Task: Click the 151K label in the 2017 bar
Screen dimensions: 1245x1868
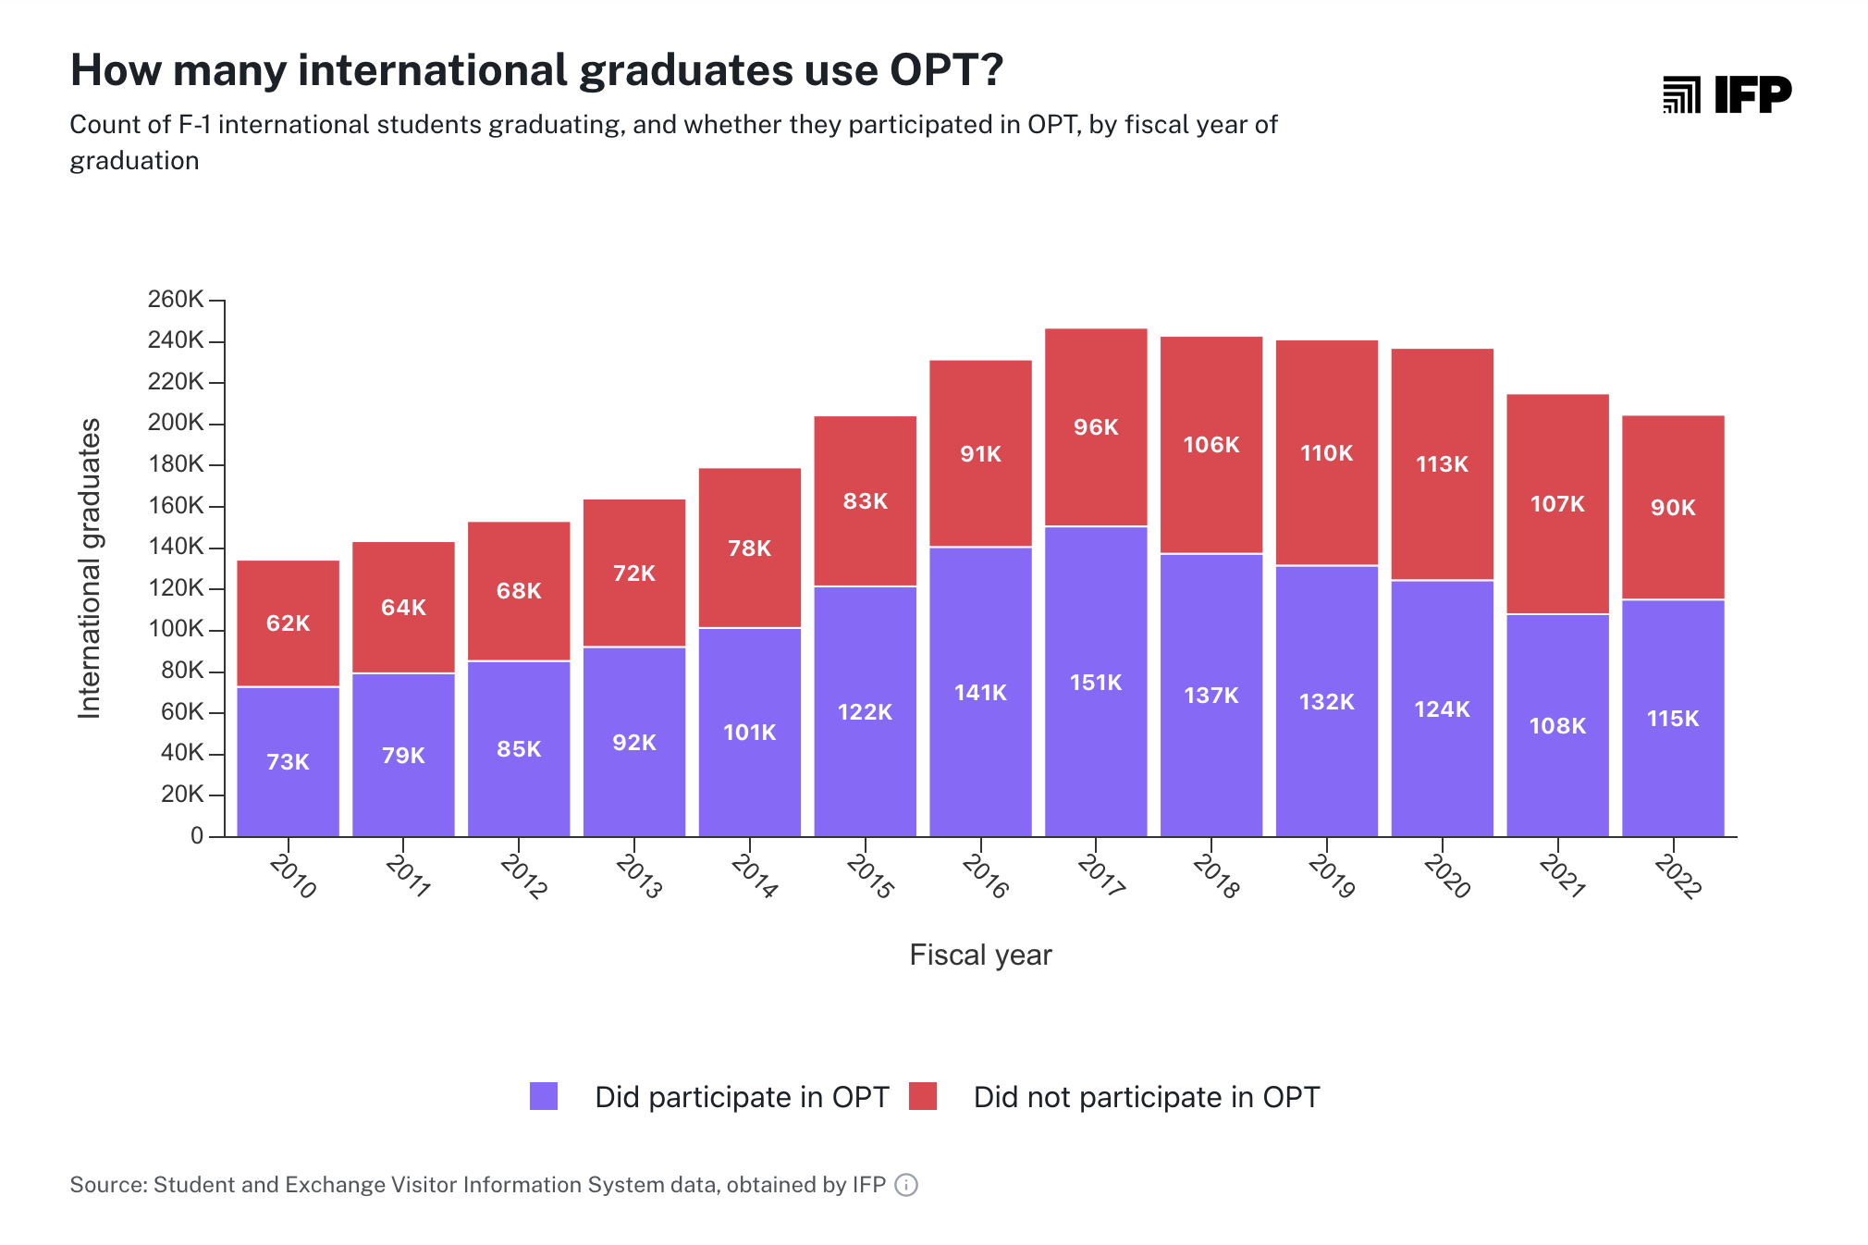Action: click(1095, 683)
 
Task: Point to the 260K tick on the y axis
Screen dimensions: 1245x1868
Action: click(176, 300)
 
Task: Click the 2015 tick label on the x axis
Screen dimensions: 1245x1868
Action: click(869, 876)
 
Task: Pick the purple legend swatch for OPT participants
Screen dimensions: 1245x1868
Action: click(544, 1096)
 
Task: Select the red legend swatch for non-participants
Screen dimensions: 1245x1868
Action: click(923, 1096)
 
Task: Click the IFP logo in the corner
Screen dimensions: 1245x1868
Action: click(1727, 94)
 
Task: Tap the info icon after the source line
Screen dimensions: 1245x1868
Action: click(906, 1185)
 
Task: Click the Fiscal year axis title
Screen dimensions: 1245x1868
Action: click(980, 955)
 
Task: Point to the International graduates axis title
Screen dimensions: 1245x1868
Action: click(90, 568)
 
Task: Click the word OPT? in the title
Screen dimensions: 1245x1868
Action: click(946, 70)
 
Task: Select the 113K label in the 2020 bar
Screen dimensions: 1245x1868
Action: click(1442, 464)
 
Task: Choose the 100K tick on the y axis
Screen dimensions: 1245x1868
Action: click(176, 629)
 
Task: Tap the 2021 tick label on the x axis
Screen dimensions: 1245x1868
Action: click(1562, 876)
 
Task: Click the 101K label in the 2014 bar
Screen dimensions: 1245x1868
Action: click(749, 733)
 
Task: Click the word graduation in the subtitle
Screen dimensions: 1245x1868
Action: click(134, 161)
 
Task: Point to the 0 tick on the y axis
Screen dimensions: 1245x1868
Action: click(197, 836)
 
